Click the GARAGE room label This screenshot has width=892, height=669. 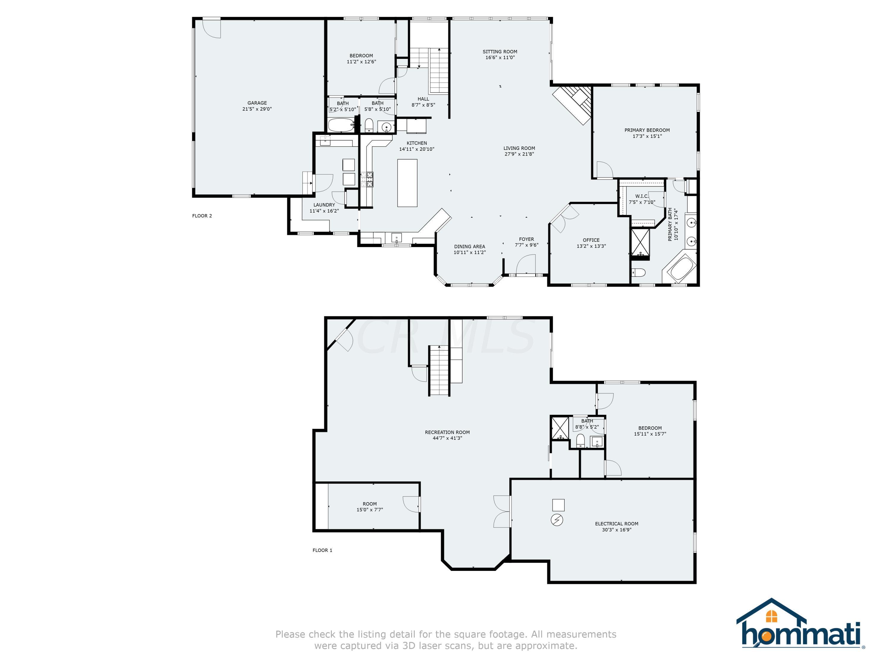[x=257, y=103]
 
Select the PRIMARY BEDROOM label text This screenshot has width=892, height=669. [x=647, y=130]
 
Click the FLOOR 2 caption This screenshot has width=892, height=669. [x=202, y=216]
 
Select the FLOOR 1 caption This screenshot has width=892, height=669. [x=322, y=550]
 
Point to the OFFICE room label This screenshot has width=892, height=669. [x=591, y=240]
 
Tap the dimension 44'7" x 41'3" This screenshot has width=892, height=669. [x=447, y=438]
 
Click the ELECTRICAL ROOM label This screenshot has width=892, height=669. [x=617, y=524]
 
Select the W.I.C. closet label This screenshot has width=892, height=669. [x=642, y=196]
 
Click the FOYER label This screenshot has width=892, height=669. [x=526, y=239]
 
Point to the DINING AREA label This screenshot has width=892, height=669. [x=469, y=246]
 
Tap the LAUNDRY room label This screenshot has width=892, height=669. [x=324, y=205]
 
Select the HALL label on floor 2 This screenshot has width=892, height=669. [x=423, y=99]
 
